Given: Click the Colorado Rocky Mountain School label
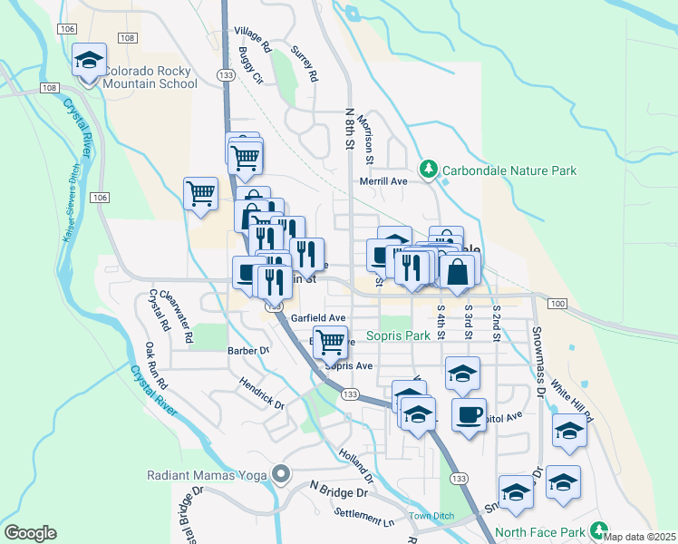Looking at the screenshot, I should click(150, 77).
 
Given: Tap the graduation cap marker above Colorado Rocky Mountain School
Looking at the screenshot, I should click(89, 61).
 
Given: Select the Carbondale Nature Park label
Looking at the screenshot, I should click(508, 170).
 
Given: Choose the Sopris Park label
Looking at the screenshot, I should click(398, 335).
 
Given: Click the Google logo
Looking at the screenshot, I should click(30, 533).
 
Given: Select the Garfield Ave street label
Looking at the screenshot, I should click(318, 318).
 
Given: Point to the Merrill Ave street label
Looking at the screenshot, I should click(383, 181).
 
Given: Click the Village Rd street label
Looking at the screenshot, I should click(253, 38).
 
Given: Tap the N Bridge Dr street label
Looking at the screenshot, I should click(338, 492).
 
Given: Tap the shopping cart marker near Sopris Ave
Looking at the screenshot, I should click(331, 344).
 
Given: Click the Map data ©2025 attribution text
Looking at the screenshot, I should click(640, 536).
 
